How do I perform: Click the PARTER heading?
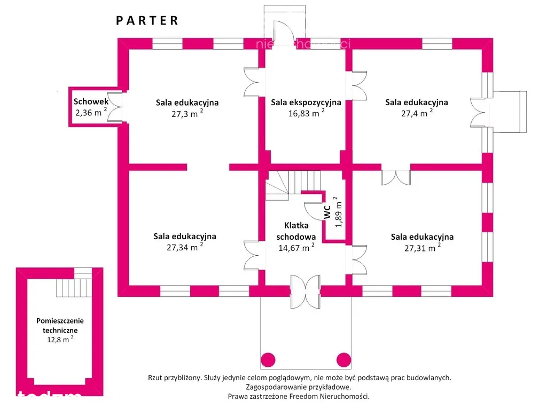coord(147,21)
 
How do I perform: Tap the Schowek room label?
coord(91,101)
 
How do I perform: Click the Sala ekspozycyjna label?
coord(306,102)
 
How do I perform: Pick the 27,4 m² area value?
coord(416,113)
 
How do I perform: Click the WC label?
coord(327,212)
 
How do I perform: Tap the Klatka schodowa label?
coord(296,231)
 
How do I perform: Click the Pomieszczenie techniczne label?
coord(60,326)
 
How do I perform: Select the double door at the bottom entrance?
coord(306,291)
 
